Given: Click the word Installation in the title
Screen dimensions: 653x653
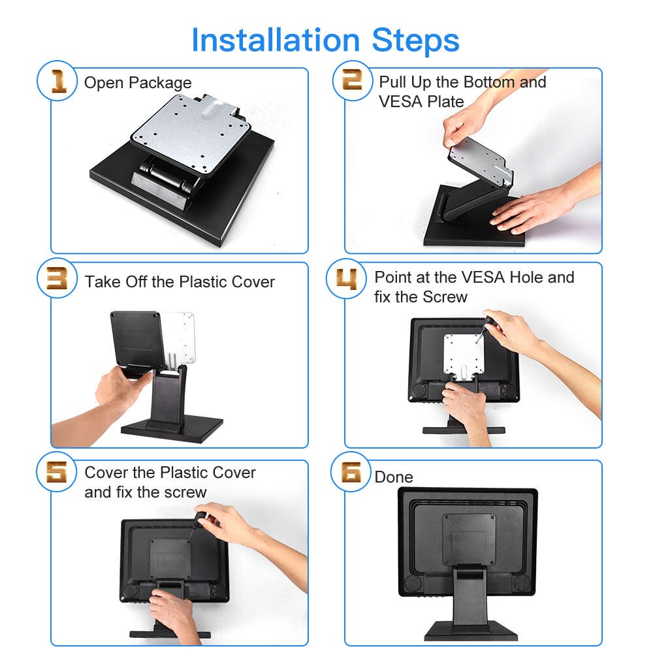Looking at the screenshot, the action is pyautogui.click(x=276, y=40).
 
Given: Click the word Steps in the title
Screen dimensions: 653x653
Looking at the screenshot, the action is pyautogui.click(x=415, y=40).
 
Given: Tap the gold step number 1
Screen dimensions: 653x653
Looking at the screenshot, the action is pyautogui.click(x=58, y=81).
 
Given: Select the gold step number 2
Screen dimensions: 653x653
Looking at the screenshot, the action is pyautogui.click(x=352, y=80).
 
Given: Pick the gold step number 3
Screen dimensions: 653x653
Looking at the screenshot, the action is pyautogui.click(x=57, y=278).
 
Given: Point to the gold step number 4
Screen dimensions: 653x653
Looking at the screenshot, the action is pyautogui.click(x=347, y=279).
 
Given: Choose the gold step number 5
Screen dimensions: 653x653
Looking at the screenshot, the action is pyautogui.click(x=57, y=472).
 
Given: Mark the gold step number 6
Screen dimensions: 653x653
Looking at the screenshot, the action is pyautogui.click(x=351, y=472).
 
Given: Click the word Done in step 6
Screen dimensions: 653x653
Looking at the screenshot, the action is pyautogui.click(x=394, y=477).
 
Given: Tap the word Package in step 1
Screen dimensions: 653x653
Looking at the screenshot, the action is pyautogui.click(x=160, y=83).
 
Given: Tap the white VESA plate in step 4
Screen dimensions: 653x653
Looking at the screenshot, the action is pyautogui.click(x=463, y=354).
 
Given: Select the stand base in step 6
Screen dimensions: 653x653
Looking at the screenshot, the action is pyautogui.click(x=471, y=631).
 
